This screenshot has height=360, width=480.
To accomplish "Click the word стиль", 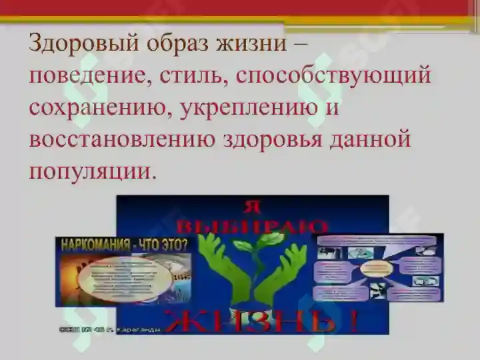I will coord(191,75).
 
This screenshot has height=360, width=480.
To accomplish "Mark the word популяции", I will coord(92,171).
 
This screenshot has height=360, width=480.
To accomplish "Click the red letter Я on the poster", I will coord(253,206).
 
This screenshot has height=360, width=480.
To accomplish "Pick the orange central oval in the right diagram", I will coord(379,268).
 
